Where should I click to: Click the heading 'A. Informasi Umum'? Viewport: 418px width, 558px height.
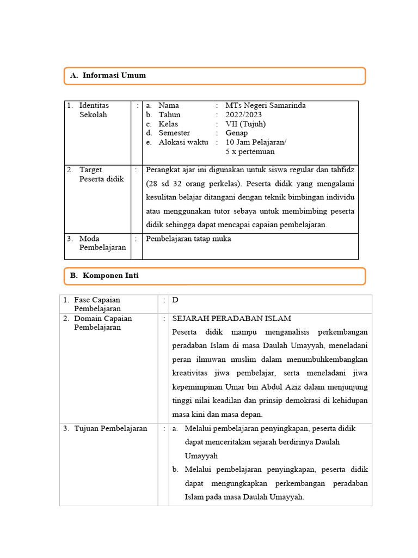point(108,76)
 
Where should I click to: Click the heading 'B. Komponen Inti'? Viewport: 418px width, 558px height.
point(104,276)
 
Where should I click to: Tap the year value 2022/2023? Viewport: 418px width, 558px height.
point(243,114)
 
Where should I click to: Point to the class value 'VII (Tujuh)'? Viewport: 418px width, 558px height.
point(245,124)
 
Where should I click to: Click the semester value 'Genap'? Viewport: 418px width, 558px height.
point(236,133)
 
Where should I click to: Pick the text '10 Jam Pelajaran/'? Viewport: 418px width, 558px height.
point(255,142)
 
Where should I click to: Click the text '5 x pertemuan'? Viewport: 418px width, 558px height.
point(250,151)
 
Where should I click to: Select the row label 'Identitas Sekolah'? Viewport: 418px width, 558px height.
point(94,110)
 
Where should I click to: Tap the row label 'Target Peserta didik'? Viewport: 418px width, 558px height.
point(101,174)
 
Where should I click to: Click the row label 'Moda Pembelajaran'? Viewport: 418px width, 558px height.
point(102,243)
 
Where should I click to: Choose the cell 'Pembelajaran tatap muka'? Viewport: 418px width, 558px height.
point(188,239)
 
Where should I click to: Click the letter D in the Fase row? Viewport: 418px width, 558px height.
point(175,300)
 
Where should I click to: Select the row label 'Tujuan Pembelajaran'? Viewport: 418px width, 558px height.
point(110,428)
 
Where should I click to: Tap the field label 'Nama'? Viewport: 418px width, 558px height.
point(169,105)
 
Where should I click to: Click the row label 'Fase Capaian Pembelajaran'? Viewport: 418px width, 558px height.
point(97,304)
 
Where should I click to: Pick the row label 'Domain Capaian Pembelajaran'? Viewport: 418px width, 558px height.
point(103,323)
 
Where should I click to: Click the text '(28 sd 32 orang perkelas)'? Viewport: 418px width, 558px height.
point(189,184)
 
